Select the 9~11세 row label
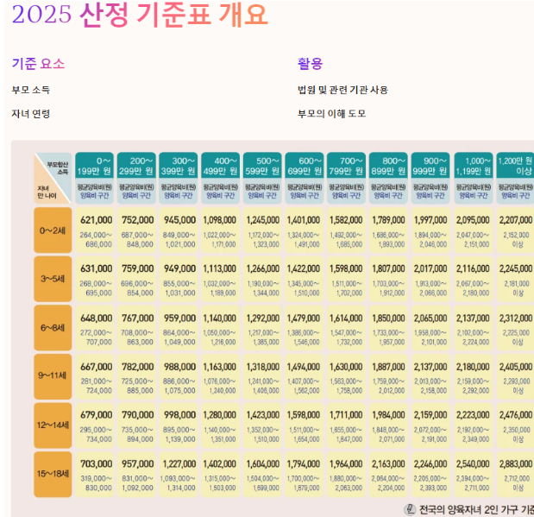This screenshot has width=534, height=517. click(x=53, y=377)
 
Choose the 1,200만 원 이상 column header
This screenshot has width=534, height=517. click(x=516, y=166)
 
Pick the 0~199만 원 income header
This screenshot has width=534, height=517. click(x=95, y=166)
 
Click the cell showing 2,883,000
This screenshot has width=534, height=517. click(x=516, y=463)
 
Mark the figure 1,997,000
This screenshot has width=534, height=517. click(x=431, y=220)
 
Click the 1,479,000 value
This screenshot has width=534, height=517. click(x=304, y=318)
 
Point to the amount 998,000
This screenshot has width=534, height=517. click(x=180, y=414)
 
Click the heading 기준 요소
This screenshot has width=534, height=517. click(x=38, y=64)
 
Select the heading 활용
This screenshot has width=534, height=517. click(x=310, y=64)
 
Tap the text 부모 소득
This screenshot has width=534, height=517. click(x=31, y=90)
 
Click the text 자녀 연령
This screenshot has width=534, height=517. click(x=31, y=114)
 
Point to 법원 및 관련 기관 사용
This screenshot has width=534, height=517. click(x=342, y=90)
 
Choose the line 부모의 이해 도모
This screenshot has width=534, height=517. click(x=332, y=114)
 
